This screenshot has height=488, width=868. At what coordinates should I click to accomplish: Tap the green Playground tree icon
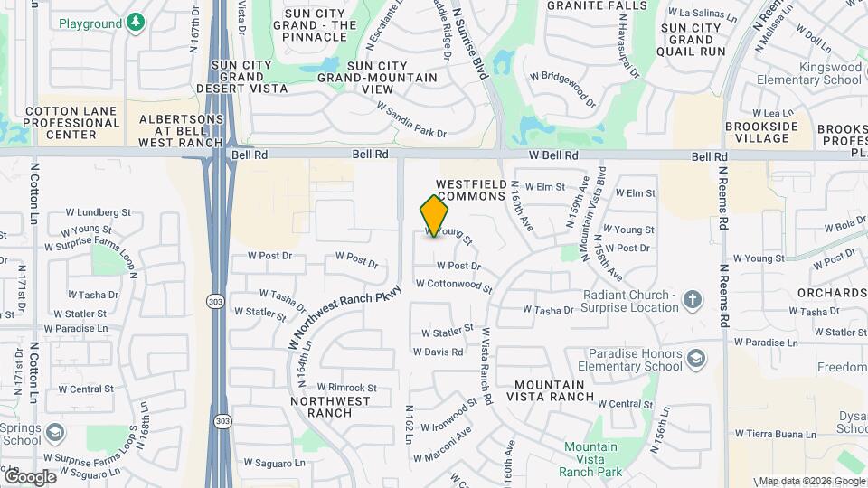tap(136, 22)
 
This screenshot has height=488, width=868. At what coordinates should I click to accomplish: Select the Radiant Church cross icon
tap(693, 300)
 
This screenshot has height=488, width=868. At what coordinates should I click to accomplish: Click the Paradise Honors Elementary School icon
tap(695, 360)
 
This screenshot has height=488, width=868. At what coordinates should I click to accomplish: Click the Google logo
tap(30, 476)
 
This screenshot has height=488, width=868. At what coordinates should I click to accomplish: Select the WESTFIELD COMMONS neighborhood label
tap(469, 190)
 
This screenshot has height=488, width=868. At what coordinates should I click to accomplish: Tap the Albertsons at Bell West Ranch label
tap(181, 130)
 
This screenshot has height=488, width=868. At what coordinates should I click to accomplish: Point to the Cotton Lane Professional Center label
tap(60, 123)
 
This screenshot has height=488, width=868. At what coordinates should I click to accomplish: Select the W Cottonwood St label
tap(454, 286)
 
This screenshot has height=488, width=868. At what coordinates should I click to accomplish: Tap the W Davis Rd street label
tap(439, 352)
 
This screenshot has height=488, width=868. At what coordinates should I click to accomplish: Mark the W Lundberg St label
tap(98, 212)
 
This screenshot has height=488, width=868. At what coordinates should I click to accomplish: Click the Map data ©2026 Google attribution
tap(811, 481)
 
